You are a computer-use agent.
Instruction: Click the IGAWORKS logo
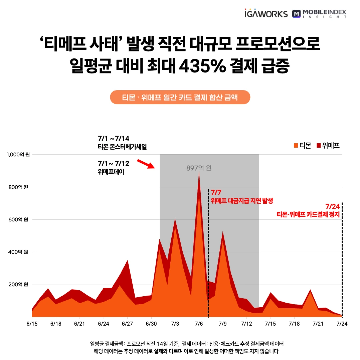(x=266, y=14)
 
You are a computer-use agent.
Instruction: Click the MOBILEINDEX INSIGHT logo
(x=319, y=14)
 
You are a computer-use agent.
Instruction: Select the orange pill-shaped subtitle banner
(x=180, y=98)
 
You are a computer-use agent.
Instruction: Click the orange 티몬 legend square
(x=295, y=145)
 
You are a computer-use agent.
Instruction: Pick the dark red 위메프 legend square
(x=318, y=145)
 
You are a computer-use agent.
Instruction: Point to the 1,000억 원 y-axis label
(x=18, y=155)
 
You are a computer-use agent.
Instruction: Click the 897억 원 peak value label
(x=199, y=168)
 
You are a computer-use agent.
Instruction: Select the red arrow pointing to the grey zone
(x=146, y=164)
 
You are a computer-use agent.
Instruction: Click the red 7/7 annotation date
(x=216, y=193)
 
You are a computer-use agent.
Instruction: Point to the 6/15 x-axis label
(x=32, y=324)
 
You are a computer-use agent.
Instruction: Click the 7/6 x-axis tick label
(x=199, y=324)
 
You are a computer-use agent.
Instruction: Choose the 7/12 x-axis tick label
(x=247, y=324)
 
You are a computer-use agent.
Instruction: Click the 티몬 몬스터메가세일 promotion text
(x=122, y=147)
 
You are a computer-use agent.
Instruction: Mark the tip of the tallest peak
(x=199, y=172)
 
